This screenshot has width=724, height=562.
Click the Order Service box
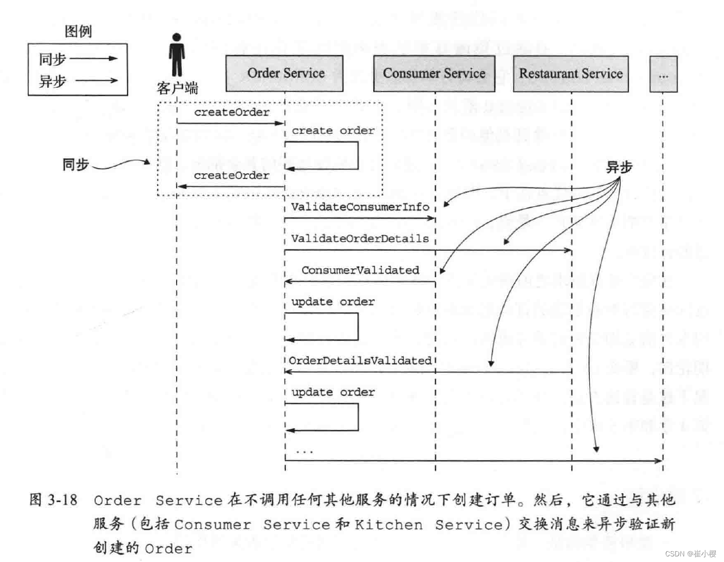(x=284, y=74)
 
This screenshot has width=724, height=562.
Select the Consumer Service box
(x=434, y=74)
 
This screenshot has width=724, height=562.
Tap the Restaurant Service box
(x=570, y=74)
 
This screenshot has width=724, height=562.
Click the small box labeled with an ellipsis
(x=663, y=75)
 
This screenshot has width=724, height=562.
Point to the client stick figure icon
(x=177, y=55)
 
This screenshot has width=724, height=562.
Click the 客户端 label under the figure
(x=177, y=88)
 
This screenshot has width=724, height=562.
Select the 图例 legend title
(x=78, y=32)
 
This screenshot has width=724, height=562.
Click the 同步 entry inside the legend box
(x=53, y=59)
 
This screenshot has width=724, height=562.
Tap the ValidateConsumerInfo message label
(x=360, y=207)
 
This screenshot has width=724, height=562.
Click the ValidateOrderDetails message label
(x=360, y=239)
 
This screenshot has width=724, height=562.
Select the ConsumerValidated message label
(x=360, y=270)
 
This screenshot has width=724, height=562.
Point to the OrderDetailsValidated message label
(x=360, y=361)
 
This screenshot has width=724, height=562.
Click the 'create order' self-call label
(x=333, y=131)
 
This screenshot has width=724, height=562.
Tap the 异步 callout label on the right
(x=619, y=167)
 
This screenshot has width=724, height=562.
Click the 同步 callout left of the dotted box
(x=76, y=165)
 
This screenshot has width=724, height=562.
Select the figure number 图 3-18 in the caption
(x=54, y=500)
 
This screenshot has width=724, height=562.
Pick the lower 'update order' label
(x=333, y=392)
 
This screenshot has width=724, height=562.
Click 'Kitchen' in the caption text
(x=389, y=525)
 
